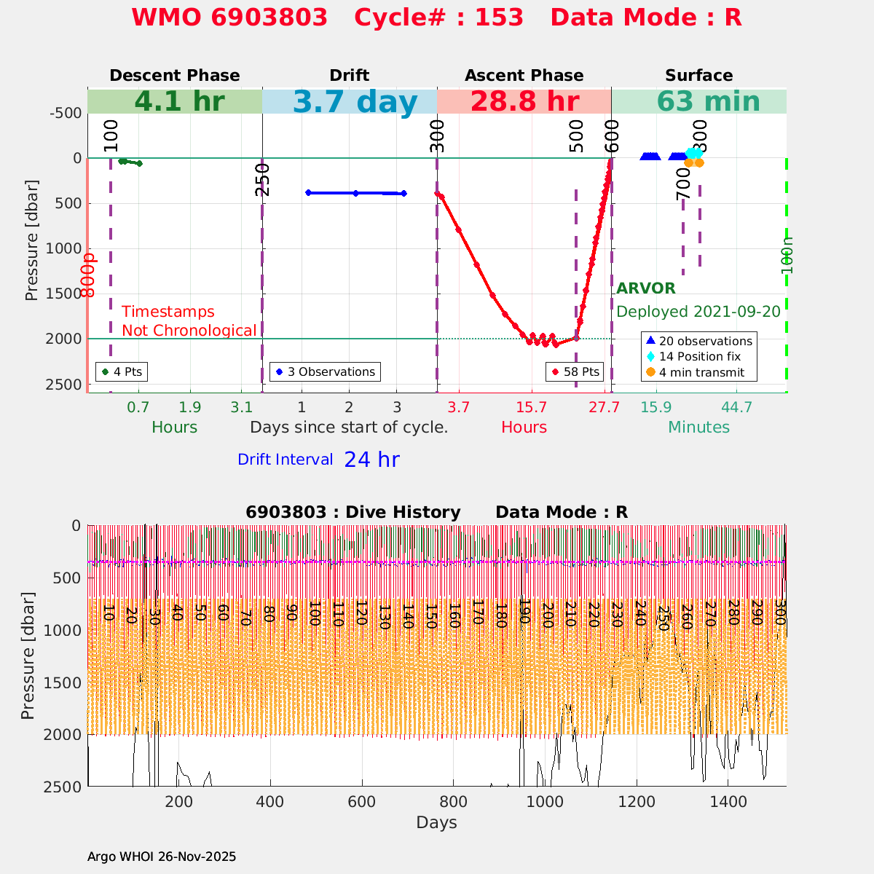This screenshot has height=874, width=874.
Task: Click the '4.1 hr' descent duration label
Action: pyautogui.click(x=179, y=102)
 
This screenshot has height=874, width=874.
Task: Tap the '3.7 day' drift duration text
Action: pyautogui.click(x=355, y=102)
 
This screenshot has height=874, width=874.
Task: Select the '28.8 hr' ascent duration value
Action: pyautogui.click(x=524, y=102)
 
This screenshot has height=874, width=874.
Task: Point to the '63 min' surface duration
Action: pyautogui.click(x=698, y=102)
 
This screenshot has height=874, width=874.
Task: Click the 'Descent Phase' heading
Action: pyautogui.click(x=174, y=76)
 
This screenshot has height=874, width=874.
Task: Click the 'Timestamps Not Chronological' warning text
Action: pyautogui.click(x=189, y=321)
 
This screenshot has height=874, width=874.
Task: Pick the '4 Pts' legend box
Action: pyautogui.click(x=122, y=371)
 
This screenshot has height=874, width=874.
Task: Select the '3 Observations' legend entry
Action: pyautogui.click(x=325, y=371)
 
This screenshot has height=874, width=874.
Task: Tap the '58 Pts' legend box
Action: pyautogui.click(x=575, y=371)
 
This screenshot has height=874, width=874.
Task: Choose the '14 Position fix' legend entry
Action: pyautogui.click(x=699, y=357)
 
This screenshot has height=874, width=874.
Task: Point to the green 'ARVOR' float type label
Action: pyautogui.click(x=646, y=288)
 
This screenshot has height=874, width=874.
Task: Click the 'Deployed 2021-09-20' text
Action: pyautogui.click(x=698, y=312)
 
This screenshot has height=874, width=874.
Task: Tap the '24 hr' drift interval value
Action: pyautogui.click(x=371, y=460)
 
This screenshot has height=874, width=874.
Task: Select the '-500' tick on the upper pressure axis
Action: pyautogui.click(x=65, y=113)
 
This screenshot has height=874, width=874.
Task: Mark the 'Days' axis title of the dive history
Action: pyautogui.click(x=436, y=823)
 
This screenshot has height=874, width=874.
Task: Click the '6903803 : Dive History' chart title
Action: pyautogui.click(x=353, y=513)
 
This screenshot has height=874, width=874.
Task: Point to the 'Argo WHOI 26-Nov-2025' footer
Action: pyautogui.click(x=162, y=857)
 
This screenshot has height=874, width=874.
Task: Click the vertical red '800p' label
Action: pyautogui.click(x=89, y=275)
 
